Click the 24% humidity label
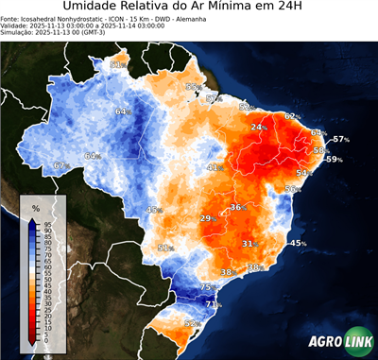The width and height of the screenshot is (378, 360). [257, 127]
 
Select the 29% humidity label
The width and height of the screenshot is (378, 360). [206, 219]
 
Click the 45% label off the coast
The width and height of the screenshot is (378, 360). [298, 244]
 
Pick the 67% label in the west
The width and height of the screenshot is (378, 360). [60, 165]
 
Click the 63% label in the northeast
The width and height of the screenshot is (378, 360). [318, 133]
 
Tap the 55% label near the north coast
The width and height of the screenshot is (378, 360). [193, 87]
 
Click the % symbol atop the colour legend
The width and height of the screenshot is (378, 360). [35, 208]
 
